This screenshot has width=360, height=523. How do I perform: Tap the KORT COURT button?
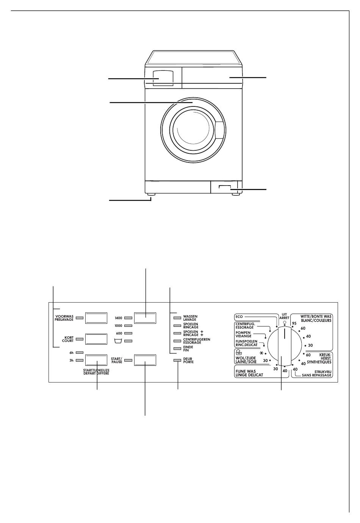click(x=96, y=339)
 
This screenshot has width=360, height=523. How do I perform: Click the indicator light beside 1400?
click(x=128, y=318)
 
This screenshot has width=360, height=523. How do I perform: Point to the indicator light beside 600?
click(x=128, y=333)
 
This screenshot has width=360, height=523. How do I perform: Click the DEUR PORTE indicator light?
click(x=177, y=361)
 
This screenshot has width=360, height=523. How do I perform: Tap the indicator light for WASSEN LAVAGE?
click(x=177, y=318)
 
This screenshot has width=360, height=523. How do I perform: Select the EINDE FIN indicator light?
click(x=177, y=348)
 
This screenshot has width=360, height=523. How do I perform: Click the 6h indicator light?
click(x=80, y=353)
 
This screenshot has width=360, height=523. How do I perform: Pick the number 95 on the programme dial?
click(x=294, y=323)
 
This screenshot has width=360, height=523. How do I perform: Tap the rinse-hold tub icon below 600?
click(x=119, y=341)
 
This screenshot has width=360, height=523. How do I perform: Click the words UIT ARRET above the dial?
click(x=284, y=316)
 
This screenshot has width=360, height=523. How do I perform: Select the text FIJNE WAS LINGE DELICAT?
click(x=249, y=373)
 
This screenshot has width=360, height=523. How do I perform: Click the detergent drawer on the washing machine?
click(x=163, y=78)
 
